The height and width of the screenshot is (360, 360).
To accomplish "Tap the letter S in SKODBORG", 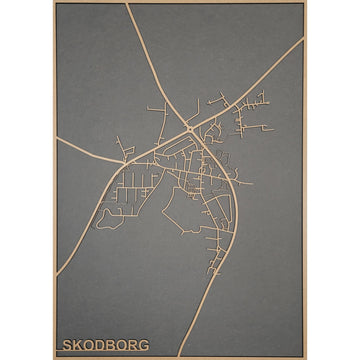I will tap(67, 345).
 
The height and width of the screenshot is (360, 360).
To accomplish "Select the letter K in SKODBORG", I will tap(78, 345).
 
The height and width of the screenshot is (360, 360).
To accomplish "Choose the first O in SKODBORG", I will tap(89, 345).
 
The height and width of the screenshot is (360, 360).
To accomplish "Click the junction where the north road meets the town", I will tap(190, 129).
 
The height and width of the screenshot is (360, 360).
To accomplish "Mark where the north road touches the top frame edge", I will tap(128, 4).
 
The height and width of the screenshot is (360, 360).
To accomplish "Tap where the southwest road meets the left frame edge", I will tap(56, 275).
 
